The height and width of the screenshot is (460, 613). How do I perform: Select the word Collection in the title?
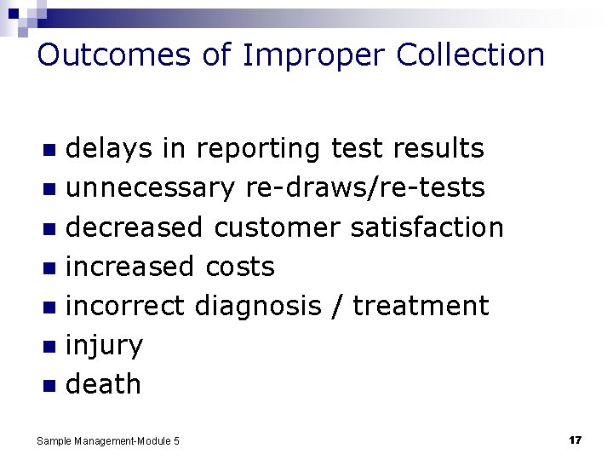click(x=470, y=55)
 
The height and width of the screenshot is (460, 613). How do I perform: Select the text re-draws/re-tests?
click(x=365, y=188)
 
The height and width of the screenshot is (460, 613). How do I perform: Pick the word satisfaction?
click(x=427, y=227)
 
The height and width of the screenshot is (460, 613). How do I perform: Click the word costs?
click(x=240, y=267)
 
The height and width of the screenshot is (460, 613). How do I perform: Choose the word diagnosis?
click(x=261, y=306)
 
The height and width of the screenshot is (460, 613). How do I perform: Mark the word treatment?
click(x=421, y=306)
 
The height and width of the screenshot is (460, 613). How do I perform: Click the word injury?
click(x=104, y=346)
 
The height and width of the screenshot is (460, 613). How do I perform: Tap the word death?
click(x=103, y=384)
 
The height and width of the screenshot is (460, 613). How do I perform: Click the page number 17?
click(x=575, y=440)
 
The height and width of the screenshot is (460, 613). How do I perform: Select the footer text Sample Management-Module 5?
click(x=108, y=441)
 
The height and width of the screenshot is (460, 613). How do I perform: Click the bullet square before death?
click(x=49, y=386)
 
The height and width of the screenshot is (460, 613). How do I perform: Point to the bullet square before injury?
click(x=49, y=347)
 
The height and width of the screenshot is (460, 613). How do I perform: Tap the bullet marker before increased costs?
click(x=49, y=268)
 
